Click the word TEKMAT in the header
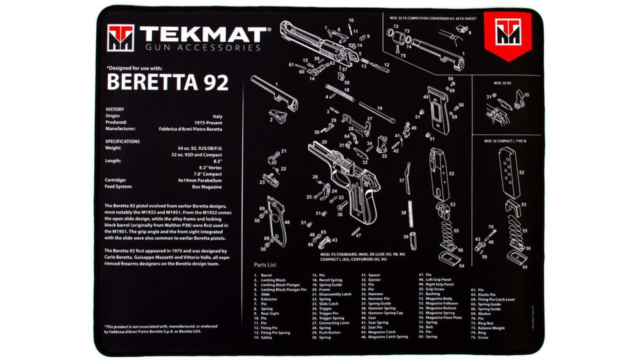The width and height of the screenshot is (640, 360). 203,34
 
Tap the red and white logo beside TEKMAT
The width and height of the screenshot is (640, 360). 120,38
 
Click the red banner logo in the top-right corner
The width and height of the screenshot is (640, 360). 507,33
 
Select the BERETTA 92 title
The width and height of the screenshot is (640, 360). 168,82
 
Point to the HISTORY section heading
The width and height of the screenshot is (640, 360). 115,109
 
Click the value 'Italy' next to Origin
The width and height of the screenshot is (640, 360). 217,116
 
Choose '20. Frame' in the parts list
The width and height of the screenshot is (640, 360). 326,289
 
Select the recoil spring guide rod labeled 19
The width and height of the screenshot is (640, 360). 377,113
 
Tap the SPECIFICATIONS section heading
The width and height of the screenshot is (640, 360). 122,141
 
